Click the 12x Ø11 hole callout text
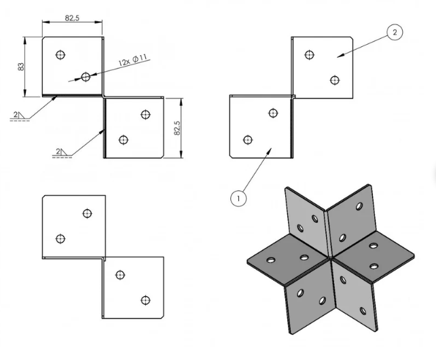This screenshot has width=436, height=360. tap(132, 61)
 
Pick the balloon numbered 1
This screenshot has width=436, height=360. tap(237, 198)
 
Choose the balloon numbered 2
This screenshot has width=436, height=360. tap(394, 32)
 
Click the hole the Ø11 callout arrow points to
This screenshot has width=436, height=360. tap(86, 77)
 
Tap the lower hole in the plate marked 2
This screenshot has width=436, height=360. tap(334, 80)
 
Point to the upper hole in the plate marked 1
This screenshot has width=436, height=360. tap(273, 113)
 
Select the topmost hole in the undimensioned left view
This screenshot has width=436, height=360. tap(87, 213)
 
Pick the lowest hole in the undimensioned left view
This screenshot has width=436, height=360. tap(145, 300)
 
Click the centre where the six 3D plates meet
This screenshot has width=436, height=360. tap(330, 258)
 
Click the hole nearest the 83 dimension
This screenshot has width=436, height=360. tap(60, 54)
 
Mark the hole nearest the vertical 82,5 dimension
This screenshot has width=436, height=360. tap(145, 114)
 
